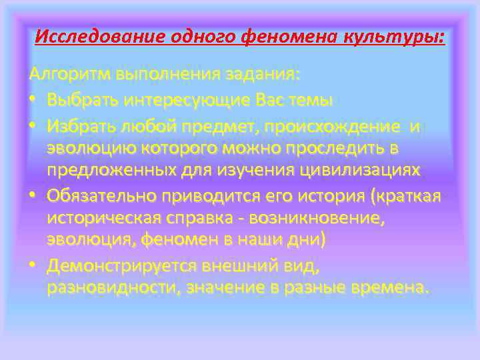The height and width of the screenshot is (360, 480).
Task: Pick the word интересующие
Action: point(180,99)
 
